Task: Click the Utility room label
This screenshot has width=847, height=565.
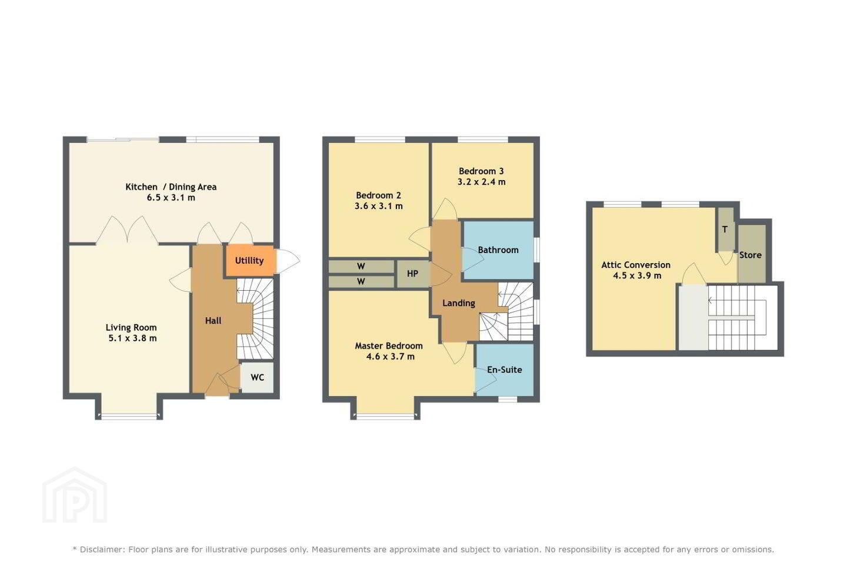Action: click(x=249, y=260)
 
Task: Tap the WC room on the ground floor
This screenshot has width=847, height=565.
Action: click(x=257, y=378)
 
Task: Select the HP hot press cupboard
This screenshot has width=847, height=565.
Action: click(x=412, y=274)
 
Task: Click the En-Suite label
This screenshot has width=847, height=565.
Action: click(x=505, y=370)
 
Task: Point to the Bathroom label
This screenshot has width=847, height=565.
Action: click(x=498, y=250)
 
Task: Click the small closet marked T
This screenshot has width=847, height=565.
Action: click(x=725, y=229)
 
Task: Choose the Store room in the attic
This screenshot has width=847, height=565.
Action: click(x=752, y=253)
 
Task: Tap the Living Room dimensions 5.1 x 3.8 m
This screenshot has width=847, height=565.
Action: click(x=132, y=338)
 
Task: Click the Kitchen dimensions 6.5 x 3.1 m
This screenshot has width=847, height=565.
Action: click(x=171, y=198)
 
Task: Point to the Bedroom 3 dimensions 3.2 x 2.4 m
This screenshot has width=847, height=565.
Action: click(x=481, y=182)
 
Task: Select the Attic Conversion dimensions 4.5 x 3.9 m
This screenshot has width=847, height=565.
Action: click(x=637, y=276)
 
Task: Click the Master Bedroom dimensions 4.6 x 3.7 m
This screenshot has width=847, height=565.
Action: click(x=390, y=357)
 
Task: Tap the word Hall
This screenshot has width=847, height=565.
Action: click(x=214, y=321)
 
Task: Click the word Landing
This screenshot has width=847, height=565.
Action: click(x=459, y=303)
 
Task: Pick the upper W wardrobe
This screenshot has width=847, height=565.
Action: click(x=361, y=267)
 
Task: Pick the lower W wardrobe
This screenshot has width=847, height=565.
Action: click(x=361, y=281)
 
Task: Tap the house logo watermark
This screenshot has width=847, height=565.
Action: click(x=75, y=495)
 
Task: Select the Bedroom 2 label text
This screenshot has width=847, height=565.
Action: click(x=379, y=195)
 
